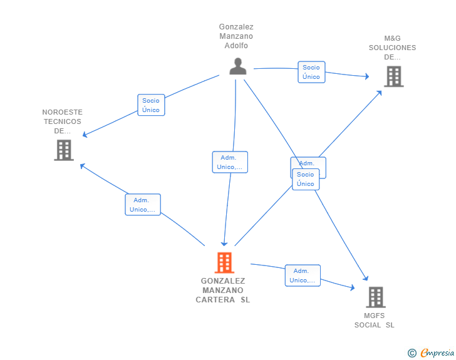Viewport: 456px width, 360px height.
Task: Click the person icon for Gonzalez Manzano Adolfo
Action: click(x=237, y=66)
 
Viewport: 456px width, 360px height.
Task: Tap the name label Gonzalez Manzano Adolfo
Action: click(x=236, y=36)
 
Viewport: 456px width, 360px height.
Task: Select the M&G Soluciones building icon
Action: click(x=393, y=76)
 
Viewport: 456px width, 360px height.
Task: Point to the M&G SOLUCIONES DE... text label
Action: click(x=392, y=48)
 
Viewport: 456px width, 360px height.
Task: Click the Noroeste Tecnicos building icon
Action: click(x=64, y=150)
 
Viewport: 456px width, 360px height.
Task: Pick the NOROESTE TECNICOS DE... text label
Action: click(x=63, y=121)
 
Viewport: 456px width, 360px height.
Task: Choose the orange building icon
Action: click(x=224, y=262)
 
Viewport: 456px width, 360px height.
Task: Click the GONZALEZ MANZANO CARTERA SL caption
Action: click(x=223, y=291)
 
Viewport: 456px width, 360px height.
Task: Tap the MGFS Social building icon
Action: click(x=375, y=297)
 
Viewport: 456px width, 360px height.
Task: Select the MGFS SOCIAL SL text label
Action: click(x=375, y=321)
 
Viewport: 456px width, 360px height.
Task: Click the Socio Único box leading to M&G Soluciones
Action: click(x=311, y=72)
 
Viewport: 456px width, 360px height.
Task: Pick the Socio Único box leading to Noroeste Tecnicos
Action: click(x=151, y=105)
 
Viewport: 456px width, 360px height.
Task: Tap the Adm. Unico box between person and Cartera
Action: click(x=230, y=162)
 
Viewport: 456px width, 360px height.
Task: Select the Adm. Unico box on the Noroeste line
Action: click(x=143, y=205)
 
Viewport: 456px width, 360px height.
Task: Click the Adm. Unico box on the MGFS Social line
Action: click(x=303, y=275)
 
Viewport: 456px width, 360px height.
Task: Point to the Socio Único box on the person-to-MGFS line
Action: click(x=306, y=179)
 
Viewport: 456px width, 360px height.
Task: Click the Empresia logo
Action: click(x=437, y=353)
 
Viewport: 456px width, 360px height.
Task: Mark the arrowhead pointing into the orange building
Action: click(x=224, y=244)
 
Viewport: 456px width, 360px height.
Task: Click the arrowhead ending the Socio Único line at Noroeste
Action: click(x=85, y=135)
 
